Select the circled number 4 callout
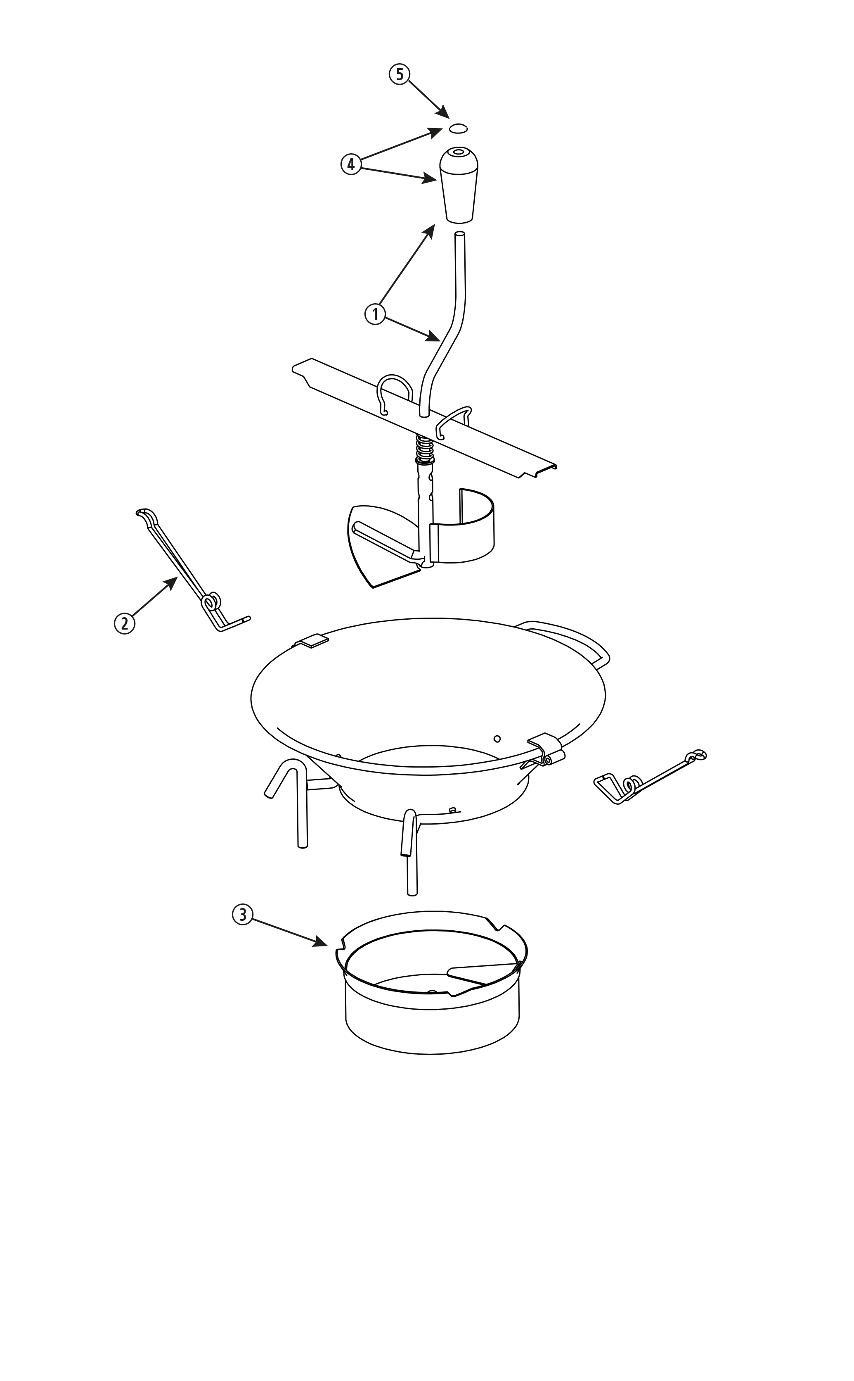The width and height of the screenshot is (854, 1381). tap(351, 164)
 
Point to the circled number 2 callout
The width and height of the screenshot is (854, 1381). tap(124, 623)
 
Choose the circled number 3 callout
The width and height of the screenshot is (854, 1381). tap(243, 915)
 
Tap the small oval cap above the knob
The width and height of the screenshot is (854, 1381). tap(458, 128)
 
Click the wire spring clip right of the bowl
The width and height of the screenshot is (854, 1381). tap(650, 777)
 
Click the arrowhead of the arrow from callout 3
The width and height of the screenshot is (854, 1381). tap(322, 942)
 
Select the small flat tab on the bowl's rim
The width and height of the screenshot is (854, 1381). tap(311, 641)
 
